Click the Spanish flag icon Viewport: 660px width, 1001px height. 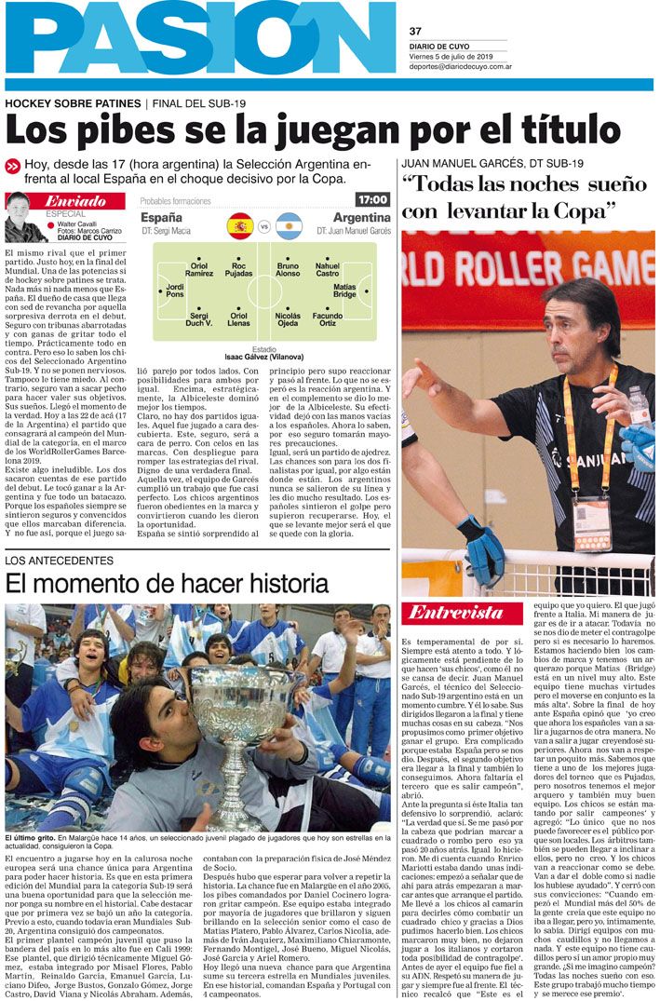click(240, 225)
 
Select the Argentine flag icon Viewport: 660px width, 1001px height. click(289, 225)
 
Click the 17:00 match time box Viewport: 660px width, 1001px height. click(371, 200)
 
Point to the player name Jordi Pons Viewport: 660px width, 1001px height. click(175, 291)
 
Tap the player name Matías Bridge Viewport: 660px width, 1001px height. click(344, 291)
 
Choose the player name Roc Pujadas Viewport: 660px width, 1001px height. click(239, 270)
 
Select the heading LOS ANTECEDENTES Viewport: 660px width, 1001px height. click(60, 561)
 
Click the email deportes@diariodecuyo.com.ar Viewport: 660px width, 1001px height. click(466, 66)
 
